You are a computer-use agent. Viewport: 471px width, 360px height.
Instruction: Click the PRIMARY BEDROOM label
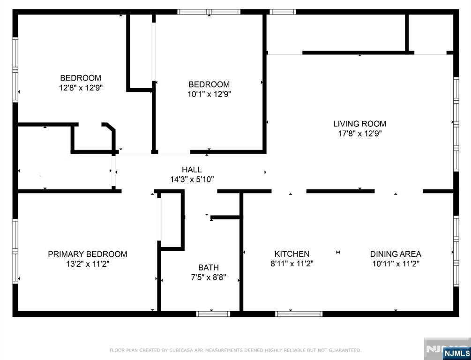88,254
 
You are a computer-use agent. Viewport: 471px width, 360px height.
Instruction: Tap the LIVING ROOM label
359,123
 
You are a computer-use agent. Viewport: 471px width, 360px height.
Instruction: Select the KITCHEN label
292,254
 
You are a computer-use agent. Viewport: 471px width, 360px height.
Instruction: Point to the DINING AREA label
395,254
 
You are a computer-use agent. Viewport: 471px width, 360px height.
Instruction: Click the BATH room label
209,268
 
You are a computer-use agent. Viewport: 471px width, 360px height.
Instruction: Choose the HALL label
192,170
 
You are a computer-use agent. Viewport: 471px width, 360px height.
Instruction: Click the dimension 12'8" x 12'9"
81,88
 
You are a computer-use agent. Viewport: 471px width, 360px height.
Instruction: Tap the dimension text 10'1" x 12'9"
209,94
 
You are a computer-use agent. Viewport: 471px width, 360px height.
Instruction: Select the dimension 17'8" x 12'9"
360,134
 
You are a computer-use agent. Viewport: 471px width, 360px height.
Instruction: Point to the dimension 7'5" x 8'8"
209,277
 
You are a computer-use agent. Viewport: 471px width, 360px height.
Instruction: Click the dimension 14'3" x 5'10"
192,180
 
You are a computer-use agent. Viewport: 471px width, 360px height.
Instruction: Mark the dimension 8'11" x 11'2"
292,264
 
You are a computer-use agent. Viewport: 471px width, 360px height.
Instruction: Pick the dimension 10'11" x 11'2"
396,264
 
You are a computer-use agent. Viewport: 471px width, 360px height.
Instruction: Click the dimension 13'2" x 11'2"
88,264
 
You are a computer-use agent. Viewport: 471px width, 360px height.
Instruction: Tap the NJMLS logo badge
456,352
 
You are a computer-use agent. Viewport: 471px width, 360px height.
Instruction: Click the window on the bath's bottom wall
213,314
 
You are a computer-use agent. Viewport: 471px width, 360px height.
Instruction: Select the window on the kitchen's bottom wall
299,314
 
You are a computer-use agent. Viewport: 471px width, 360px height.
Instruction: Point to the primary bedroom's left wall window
15,251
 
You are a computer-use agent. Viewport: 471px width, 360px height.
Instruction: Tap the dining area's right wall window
456,251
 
